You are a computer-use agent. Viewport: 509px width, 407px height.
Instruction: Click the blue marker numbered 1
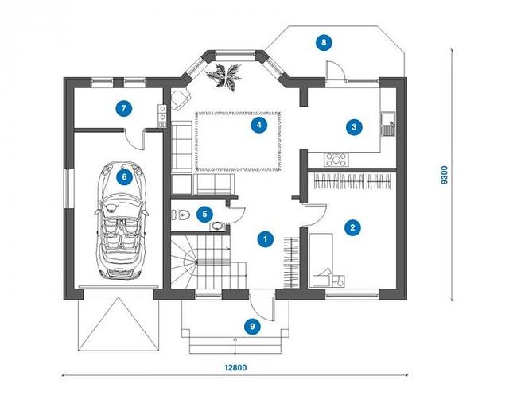click(x=265, y=239)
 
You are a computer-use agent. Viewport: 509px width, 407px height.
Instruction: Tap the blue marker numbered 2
click(x=352, y=227)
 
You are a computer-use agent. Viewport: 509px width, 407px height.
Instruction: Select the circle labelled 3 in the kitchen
click(x=354, y=127)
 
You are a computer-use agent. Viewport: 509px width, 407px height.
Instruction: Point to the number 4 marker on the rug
click(x=259, y=125)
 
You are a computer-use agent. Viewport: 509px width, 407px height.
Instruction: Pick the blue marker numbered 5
click(x=204, y=214)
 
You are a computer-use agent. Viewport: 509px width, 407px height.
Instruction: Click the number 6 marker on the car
click(x=124, y=177)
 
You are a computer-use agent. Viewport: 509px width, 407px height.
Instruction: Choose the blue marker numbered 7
click(x=124, y=108)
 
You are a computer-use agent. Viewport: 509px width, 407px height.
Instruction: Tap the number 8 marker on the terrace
click(x=324, y=42)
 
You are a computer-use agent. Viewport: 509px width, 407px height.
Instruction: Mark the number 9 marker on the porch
click(x=253, y=327)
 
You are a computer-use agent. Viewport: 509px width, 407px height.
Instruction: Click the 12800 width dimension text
click(x=235, y=368)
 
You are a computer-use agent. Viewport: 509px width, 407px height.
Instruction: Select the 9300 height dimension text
click(x=444, y=175)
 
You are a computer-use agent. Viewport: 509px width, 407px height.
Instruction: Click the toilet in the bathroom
click(x=181, y=215)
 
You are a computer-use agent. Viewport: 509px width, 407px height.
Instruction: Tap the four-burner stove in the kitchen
click(x=336, y=160)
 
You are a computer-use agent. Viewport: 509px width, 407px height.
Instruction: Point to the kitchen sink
click(x=388, y=124)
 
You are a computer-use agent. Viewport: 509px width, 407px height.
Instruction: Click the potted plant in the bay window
click(x=224, y=76)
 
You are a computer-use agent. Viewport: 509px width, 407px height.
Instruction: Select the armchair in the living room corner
click(x=180, y=99)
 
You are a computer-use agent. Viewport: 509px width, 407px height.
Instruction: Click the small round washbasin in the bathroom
click(x=218, y=227)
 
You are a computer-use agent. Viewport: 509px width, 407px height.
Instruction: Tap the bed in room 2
click(x=321, y=260)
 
